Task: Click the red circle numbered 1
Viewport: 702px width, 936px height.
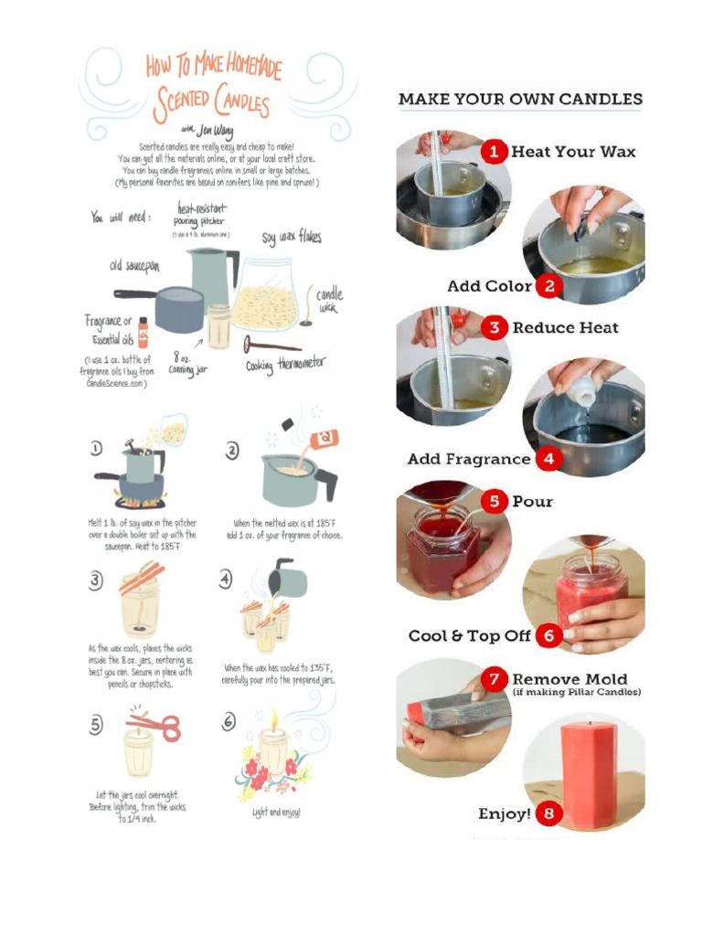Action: pyautogui.click(x=495, y=152)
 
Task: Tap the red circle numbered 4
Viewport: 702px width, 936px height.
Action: pyautogui.click(x=548, y=459)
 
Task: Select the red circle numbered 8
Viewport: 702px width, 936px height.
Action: pyautogui.click(x=548, y=814)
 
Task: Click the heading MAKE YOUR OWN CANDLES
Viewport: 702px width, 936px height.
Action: pyautogui.click(x=520, y=99)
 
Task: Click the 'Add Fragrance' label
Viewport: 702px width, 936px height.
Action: pyautogui.click(x=468, y=459)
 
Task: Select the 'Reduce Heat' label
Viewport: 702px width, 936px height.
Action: pyautogui.click(x=565, y=327)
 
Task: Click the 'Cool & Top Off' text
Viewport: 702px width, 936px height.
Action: pyautogui.click(x=469, y=635)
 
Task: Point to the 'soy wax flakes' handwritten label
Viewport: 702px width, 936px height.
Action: pyautogui.click(x=292, y=238)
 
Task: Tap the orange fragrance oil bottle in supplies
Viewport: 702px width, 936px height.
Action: pyautogui.click(x=143, y=332)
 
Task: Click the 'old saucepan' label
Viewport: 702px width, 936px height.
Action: pyautogui.click(x=135, y=264)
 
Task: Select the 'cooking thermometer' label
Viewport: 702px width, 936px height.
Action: pyautogui.click(x=285, y=367)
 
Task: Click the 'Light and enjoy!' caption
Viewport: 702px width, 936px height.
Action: pyautogui.click(x=276, y=812)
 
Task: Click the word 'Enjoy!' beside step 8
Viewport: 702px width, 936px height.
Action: pyautogui.click(x=504, y=814)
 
